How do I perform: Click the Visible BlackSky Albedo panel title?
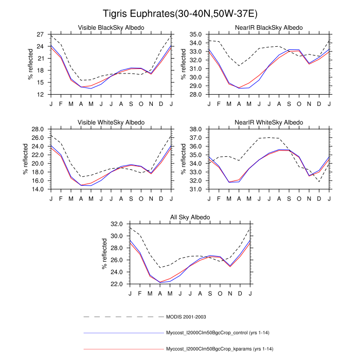tap(111, 27)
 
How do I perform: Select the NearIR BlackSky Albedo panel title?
tap(269, 27)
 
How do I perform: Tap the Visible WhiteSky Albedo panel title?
tap(111, 122)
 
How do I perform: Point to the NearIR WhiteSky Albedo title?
tap(269, 122)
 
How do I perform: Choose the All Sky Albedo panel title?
tap(190, 218)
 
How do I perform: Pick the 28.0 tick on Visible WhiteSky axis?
tap(37, 129)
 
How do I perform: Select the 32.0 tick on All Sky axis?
tap(116, 224)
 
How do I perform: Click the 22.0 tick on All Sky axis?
tap(116, 284)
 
